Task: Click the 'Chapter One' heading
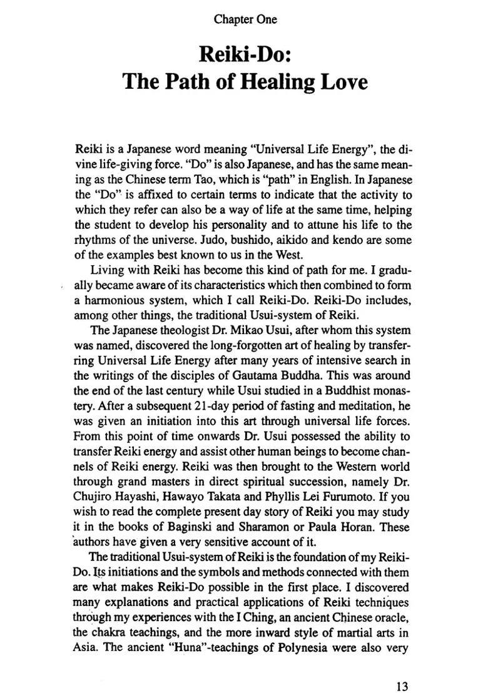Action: point(245,19)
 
